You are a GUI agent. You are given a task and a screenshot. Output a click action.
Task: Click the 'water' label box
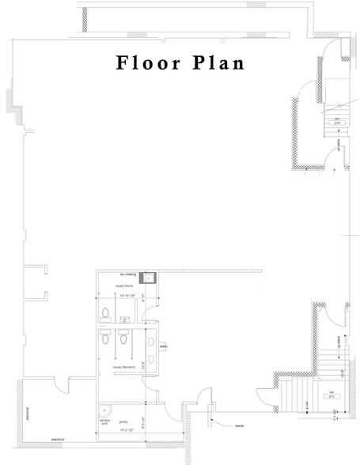pos(163,346)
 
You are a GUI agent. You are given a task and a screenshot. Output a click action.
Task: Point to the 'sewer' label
pos(239,425)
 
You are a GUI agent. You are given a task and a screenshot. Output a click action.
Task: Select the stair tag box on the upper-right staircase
pos(335,122)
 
